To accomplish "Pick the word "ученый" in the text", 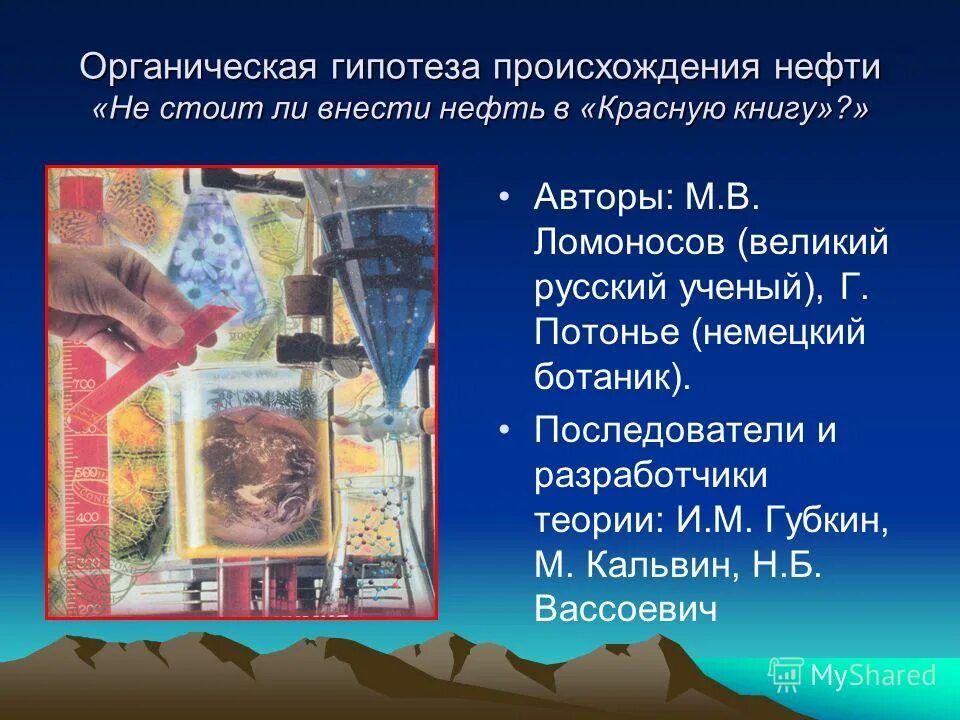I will [x=734, y=288].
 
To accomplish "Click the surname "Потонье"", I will [x=609, y=334].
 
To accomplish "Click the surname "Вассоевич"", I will [x=626, y=610].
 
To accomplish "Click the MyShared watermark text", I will [x=873, y=675].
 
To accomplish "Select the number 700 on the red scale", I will [x=84, y=384].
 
